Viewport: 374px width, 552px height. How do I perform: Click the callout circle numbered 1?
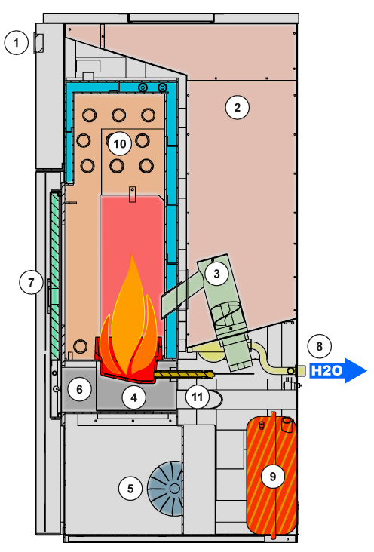pos(16,43)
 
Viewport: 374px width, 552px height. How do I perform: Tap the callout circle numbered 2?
pos(238,107)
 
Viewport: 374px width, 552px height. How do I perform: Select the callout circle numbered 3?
pos(216,274)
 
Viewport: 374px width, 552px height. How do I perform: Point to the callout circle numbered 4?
pos(133,397)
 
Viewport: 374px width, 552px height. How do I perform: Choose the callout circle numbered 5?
pos(130,489)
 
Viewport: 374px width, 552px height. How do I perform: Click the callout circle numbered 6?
pos(80,389)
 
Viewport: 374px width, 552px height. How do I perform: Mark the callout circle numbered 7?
pos(31,282)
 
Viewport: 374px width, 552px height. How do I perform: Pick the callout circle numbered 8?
pos(320,346)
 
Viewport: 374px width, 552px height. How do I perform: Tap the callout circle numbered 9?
pos(273,477)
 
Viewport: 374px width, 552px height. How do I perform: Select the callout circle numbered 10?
pos(120,143)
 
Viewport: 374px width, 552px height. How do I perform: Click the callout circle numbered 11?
pos(198,397)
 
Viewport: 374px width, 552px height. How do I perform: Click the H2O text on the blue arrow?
pos(327,370)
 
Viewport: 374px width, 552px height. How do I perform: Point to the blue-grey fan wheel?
pos(166,489)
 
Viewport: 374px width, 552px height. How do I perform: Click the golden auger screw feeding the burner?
pos(184,374)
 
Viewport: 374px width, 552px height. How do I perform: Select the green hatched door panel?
pos(55,273)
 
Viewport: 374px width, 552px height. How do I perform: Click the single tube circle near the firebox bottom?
pos(80,346)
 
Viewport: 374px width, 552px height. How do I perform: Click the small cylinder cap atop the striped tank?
pos(287,425)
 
